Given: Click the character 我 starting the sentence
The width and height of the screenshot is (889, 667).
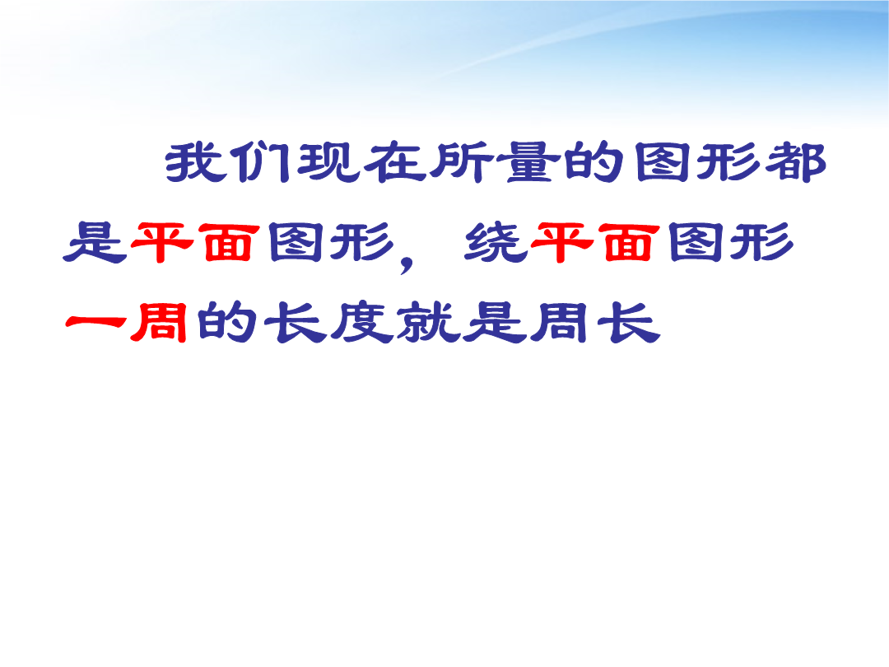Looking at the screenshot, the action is coord(193,162).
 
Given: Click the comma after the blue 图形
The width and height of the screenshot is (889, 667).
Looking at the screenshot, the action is coord(407,263).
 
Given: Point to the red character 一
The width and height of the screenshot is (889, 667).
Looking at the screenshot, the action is coord(95,322).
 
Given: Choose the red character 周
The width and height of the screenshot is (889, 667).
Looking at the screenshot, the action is coord(159,322).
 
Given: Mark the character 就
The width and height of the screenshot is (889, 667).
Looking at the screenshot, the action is coord(429,322).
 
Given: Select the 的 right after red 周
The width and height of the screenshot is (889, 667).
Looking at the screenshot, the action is coord(227,322).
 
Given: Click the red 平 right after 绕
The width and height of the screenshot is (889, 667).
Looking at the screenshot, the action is coord(561,242).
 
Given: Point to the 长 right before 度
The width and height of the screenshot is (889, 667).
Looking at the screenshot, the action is coord(295,322).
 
